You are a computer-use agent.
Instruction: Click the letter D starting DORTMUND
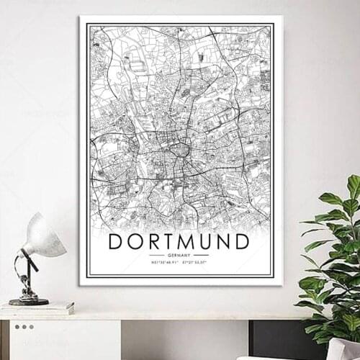[x=116, y=240]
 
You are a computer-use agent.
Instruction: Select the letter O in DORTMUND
[x=135, y=240]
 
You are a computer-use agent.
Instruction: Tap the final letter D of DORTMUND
[x=241, y=240]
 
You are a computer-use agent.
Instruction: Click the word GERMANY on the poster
[x=179, y=255]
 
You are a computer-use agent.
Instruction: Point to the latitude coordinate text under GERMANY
[x=165, y=262]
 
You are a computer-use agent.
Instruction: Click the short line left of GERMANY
[x=156, y=255]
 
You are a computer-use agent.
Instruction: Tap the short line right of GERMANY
[x=202, y=255]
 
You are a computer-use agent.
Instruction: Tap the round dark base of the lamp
[x=29, y=300]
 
